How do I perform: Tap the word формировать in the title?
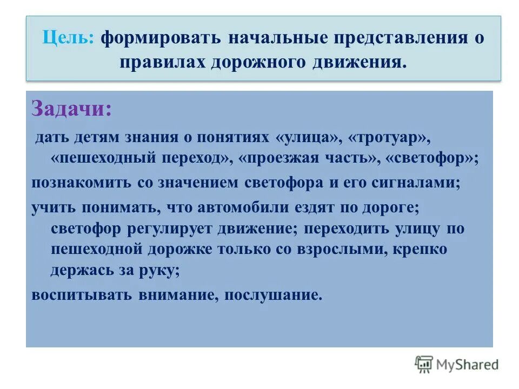160,39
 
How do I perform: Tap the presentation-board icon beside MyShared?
424,364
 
